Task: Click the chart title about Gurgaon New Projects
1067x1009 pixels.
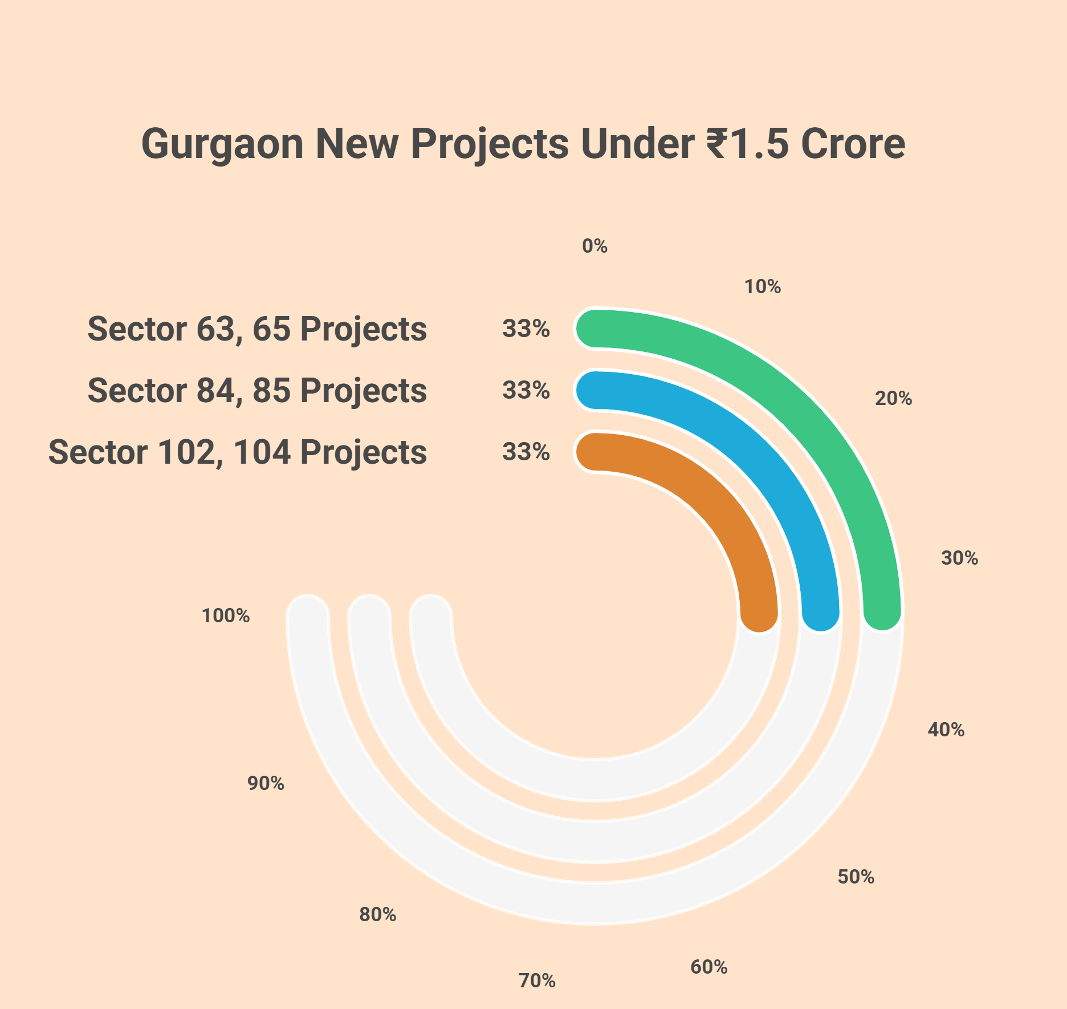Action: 523,144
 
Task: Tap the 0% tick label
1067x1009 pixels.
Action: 594,246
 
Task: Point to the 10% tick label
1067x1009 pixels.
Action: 762,287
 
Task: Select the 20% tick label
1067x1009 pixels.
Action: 893,399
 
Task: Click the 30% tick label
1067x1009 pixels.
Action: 959,558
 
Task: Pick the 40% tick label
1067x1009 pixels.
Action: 946,730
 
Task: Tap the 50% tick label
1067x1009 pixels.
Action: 856,877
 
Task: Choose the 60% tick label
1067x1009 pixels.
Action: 708,967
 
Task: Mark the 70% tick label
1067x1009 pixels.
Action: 536,980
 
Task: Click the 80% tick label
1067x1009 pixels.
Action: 377,914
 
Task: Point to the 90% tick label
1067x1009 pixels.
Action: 266,783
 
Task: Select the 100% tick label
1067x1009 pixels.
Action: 226,615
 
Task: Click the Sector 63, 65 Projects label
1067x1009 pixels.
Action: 257,329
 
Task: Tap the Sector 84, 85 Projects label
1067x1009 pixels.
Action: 257,391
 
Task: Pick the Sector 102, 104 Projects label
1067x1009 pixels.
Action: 238,452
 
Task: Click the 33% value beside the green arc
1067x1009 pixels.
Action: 526,329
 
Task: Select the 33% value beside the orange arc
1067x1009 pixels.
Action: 526,452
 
